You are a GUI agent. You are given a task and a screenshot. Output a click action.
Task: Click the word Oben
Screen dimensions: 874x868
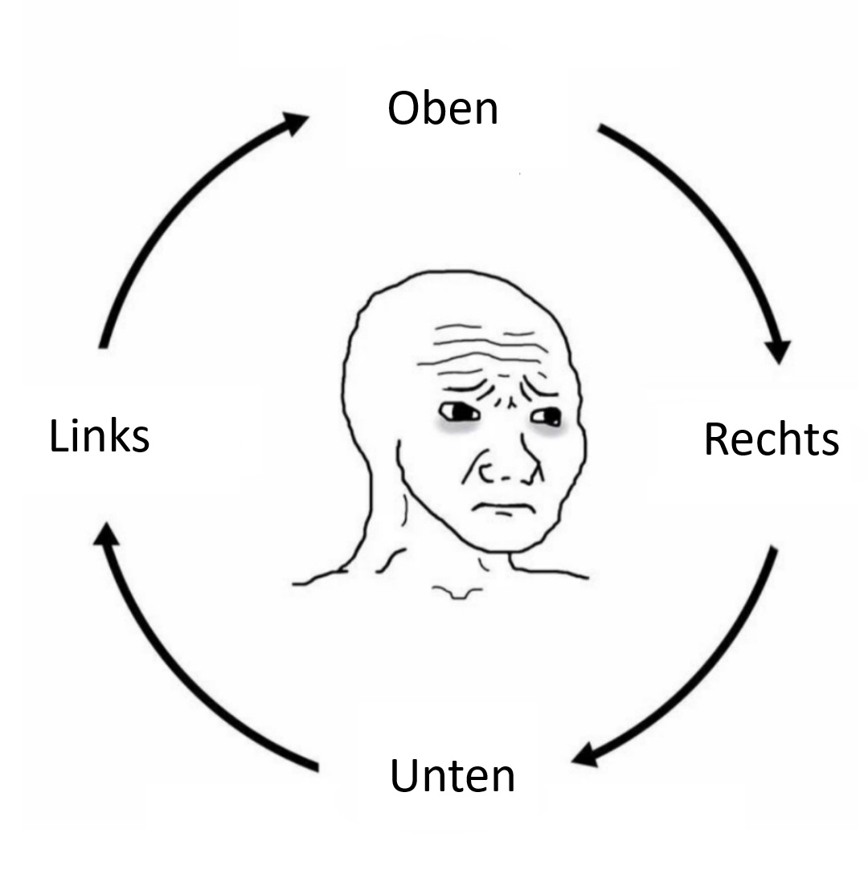(x=443, y=108)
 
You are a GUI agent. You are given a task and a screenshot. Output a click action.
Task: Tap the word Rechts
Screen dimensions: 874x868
(x=771, y=439)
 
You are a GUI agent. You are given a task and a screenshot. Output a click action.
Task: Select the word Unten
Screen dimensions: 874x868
(x=452, y=776)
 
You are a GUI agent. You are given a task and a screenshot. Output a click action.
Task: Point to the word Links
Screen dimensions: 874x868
(x=100, y=436)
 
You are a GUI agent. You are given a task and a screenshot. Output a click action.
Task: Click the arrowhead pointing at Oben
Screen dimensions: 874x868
(x=294, y=123)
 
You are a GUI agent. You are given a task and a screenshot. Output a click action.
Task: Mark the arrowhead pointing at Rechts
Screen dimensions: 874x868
(x=778, y=351)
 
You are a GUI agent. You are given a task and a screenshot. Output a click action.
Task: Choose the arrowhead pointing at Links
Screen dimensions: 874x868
(x=105, y=533)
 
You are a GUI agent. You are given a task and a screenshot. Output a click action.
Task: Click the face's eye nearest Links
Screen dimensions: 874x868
(x=459, y=413)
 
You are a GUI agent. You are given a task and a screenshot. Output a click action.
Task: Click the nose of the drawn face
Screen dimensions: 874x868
(x=502, y=466)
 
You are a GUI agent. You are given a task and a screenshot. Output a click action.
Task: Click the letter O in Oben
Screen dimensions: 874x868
(x=403, y=108)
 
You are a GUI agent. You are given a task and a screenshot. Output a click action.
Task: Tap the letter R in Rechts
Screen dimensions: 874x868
(x=715, y=439)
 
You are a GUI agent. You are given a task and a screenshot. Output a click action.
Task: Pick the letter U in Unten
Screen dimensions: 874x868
(x=404, y=775)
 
